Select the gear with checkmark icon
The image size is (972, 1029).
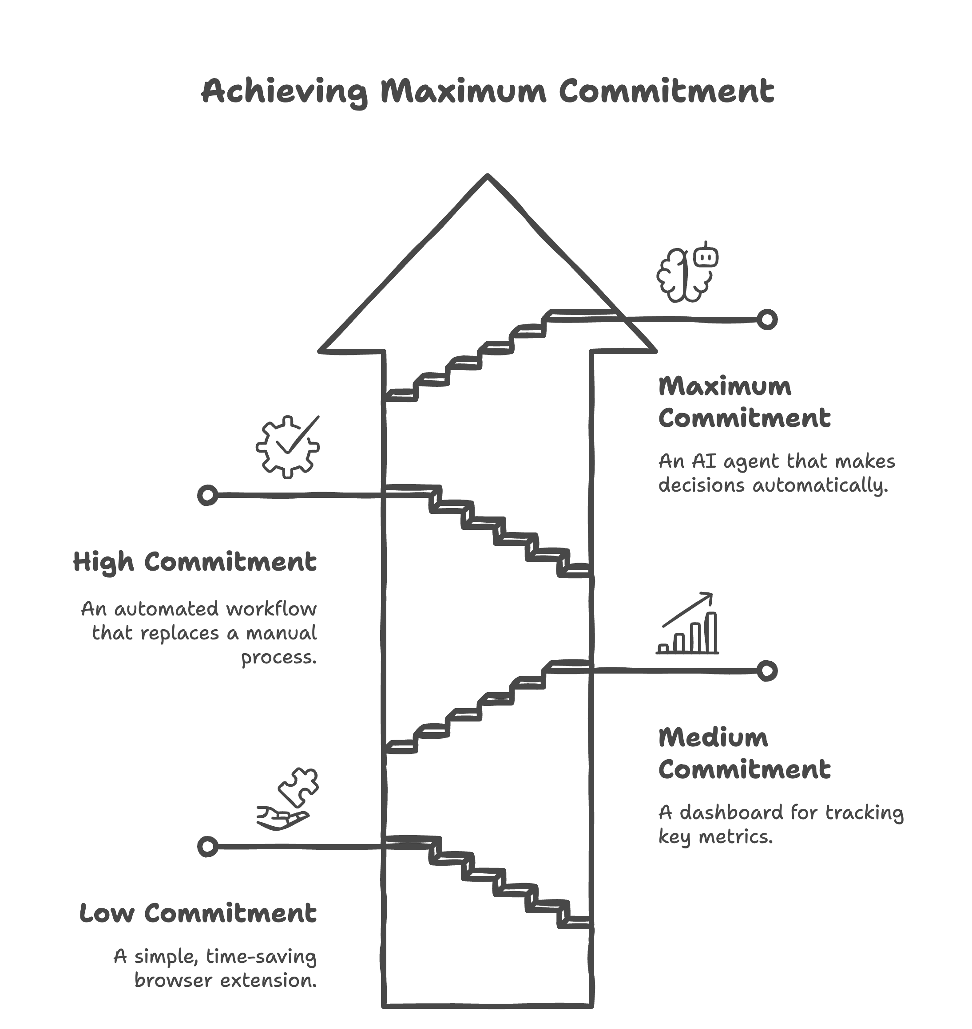coord(288,446)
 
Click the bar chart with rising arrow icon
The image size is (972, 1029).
coord(687,624)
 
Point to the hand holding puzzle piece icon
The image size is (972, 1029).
coord(288,799)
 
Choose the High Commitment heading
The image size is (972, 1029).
coord(195,562)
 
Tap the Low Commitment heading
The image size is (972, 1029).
coord(198,914)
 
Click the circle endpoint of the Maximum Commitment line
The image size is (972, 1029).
coord(767,319)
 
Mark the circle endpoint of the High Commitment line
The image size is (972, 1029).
coord(207,495)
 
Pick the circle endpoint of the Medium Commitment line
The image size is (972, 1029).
coord(767,671)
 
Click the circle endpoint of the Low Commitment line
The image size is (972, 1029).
coord(207,847)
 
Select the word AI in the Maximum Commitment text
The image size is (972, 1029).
coord(704,461)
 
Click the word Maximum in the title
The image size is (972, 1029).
coord(463,92)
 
